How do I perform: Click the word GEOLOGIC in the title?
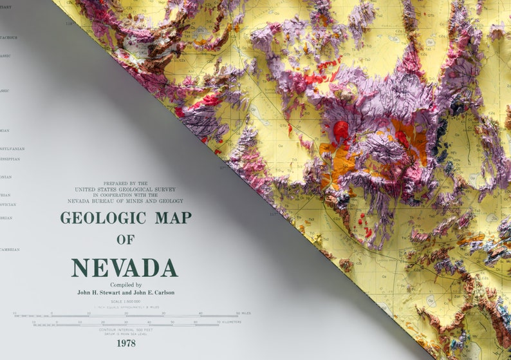(104, 218)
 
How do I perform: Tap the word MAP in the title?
(173, 218)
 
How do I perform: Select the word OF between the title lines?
(125, 240)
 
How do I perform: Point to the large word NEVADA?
(125, 267)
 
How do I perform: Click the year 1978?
(125, 343)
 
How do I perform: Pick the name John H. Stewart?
(100, 292)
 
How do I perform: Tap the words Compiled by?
(125, 285)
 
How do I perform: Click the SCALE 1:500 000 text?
(125, 301)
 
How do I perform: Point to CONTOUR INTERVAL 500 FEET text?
(125, 330)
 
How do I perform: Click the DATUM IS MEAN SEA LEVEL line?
(125, 334)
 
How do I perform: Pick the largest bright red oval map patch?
(341, 131)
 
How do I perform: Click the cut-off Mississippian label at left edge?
(10, 158)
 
